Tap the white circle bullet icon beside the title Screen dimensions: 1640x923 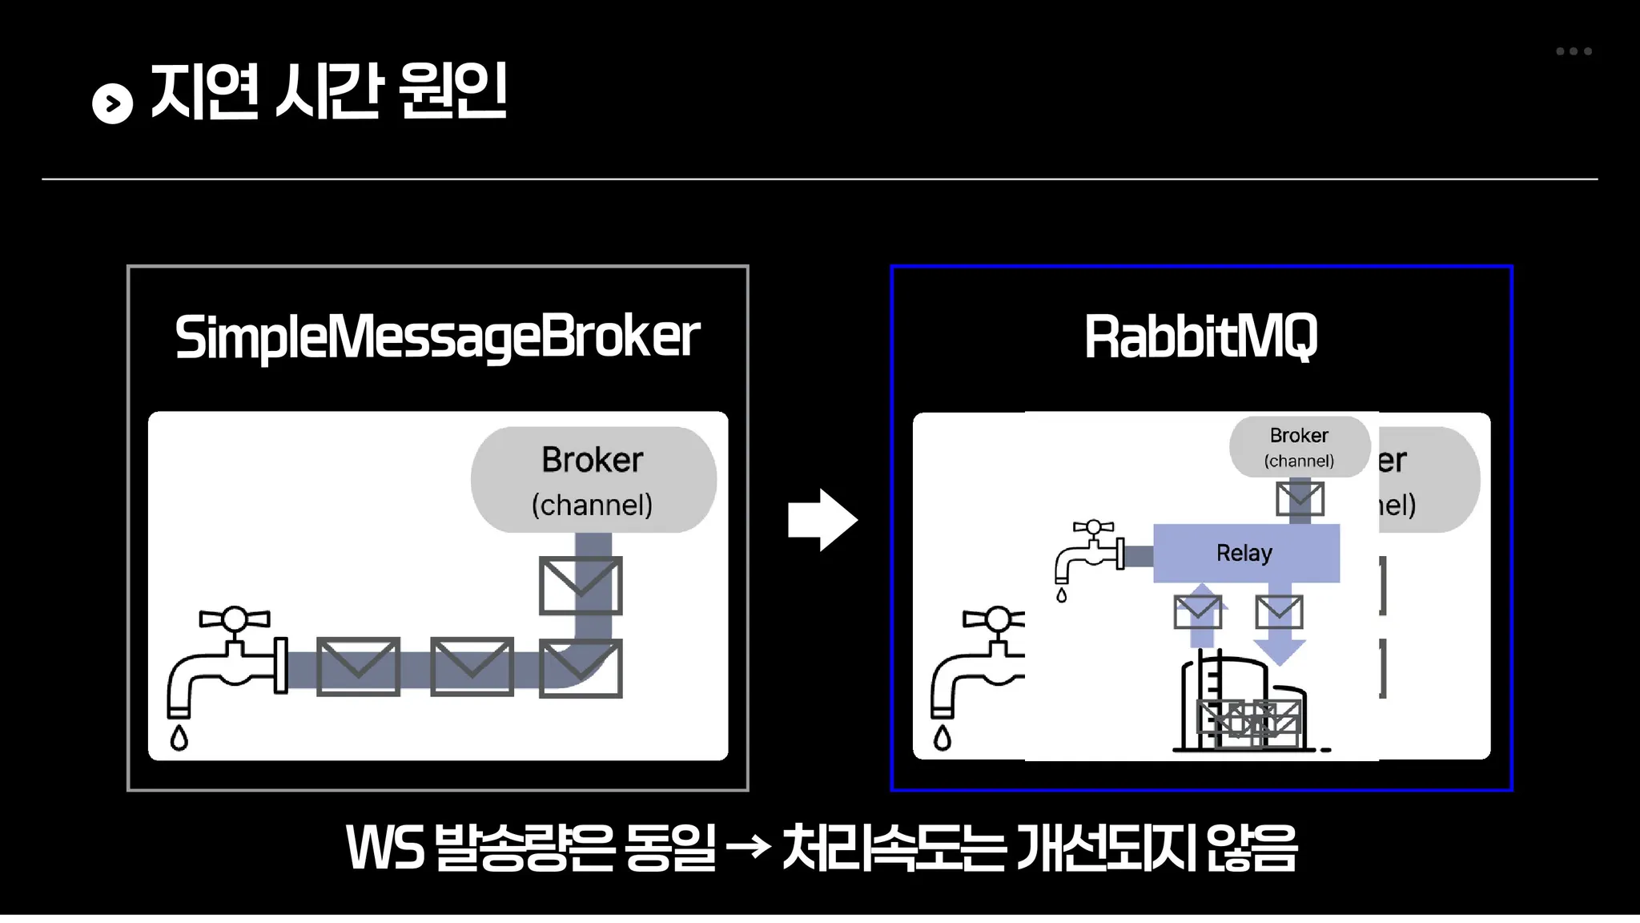[x=112, y=103]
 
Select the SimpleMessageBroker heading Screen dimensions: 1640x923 [x=437, y=337]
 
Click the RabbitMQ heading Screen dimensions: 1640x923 [x=1200, y=337]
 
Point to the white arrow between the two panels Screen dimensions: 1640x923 [x=822, y=520]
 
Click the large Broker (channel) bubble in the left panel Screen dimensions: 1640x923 [x=593, y=480]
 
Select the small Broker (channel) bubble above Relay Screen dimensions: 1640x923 [x=1299, y=446]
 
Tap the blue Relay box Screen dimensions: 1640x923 [x=1245, y=553]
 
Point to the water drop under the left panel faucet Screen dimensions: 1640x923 [x=179, y=737]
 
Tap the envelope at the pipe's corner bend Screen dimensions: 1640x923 [x=581, y=668]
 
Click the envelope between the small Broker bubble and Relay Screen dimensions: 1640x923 [x=1299, y=498]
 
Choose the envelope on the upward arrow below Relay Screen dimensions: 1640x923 [x=1197, y=612]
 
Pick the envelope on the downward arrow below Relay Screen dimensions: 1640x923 [x=1279, y=612]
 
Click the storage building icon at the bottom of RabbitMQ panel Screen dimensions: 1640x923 [x=1241, y=705]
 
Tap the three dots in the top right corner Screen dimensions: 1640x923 [x=1574, y=51]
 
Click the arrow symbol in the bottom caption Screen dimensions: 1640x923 [x=748, y=846]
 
